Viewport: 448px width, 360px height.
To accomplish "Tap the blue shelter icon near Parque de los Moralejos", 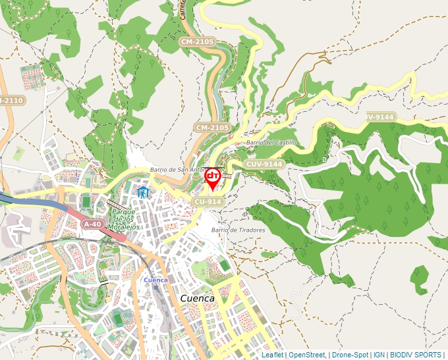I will tap(143, 192).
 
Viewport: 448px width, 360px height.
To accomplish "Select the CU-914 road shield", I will tap(207, 201).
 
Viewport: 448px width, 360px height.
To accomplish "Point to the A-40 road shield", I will tap(92, 224).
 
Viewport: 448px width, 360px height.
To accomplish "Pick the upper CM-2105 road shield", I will tap(197, 41).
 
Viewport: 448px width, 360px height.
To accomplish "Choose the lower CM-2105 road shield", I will tap(212, 127).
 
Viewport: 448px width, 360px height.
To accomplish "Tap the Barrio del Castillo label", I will tap(271, 142).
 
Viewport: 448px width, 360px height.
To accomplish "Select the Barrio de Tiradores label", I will tap(238, 230).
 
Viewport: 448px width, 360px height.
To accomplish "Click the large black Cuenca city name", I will tap(197, 298).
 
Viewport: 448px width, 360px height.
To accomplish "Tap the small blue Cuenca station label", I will tap(155, 280).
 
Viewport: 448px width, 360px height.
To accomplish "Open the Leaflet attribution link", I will tap(272, 355).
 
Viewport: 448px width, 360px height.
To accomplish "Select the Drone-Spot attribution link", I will tap(350, 355).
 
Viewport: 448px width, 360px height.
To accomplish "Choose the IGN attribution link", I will tap(379, 355).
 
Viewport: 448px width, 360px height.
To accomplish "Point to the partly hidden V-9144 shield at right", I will tap(381, 116).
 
